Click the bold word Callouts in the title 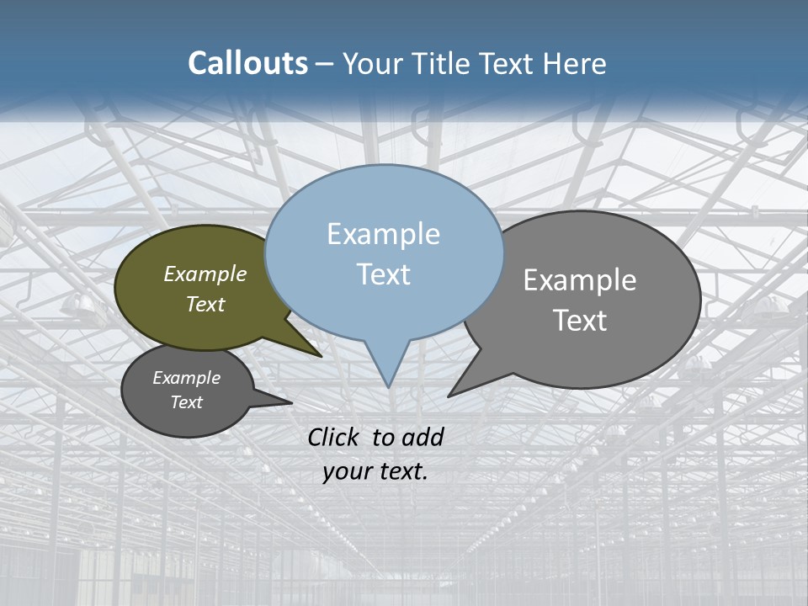point(247,63)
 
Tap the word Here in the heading point(574,63)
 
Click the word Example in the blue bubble point(383,234)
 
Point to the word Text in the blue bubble point(383,274)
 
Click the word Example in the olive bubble point(205,274)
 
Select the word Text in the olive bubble point(205,304)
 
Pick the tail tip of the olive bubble point(320,356)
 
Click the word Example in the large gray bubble point(580,280)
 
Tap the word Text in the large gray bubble point(580,320)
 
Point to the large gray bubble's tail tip point(450,395)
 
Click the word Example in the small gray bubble point(186,378)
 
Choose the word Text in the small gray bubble point(186,402)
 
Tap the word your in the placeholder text point(345,471)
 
